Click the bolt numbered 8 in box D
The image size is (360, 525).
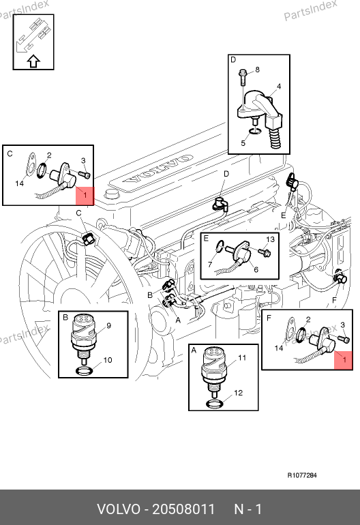[243, 77]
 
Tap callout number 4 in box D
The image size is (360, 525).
[279, 87]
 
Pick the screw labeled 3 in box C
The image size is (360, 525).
[85, 173]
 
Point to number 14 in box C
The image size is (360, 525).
[19, 183]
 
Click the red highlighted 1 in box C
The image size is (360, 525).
[85, 196]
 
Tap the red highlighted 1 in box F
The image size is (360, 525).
[343, 360]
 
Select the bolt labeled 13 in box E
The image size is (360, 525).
[265, 252]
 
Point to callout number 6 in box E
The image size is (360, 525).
[256, 269]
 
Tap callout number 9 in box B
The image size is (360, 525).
[108, 325]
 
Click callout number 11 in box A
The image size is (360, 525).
[242, 358]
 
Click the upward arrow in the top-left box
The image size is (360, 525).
[33, 61]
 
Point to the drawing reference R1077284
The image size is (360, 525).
[302, 475]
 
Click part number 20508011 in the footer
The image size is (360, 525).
[183, 509]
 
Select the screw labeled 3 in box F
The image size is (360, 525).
[344, 338]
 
